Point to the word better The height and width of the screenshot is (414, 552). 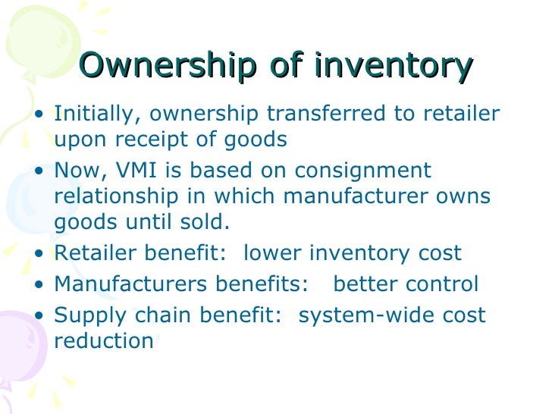(x=365, y=284)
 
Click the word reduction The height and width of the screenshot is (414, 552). (x=104, y=341)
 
